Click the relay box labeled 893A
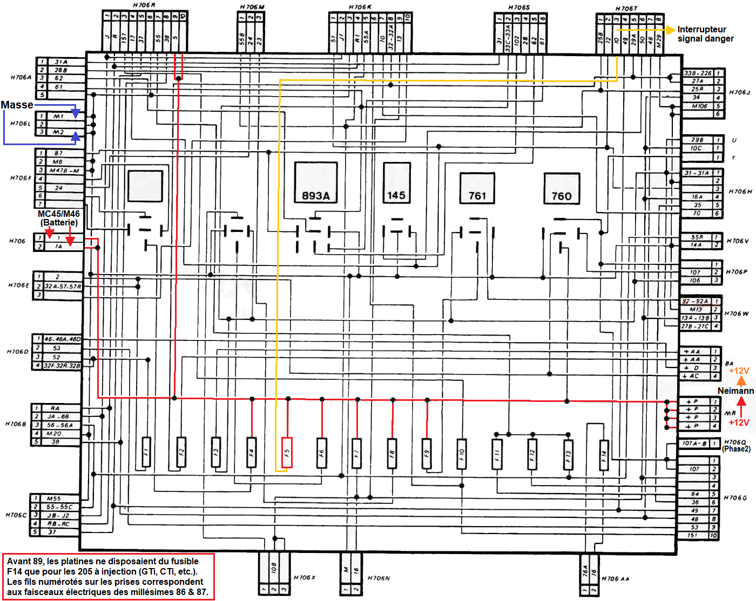316,183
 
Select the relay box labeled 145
396,183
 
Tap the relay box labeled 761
477,188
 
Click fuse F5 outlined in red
287,452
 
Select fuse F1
146,452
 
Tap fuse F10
461,452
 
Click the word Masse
17,105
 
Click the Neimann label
735,391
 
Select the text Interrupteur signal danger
705,34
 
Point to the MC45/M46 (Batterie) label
59,218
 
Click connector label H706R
144,5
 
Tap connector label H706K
360,7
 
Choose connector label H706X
304,578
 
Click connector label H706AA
615,579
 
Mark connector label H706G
735,498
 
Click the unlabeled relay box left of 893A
145,186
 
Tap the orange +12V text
739,371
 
